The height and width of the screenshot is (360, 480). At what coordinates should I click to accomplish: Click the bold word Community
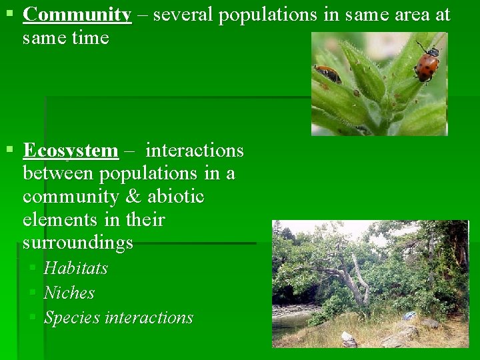click(x=77, y=15)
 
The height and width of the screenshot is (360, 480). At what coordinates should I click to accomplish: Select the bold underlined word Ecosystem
click(x=70, y=151)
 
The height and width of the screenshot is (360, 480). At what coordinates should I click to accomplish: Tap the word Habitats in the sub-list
click(x=75, y=268)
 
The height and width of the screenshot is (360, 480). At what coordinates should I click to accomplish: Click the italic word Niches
click(x=69, y=293)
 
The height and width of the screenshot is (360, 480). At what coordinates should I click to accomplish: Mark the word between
click(x=59, y=174)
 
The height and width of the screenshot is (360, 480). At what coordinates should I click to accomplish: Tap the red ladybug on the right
click(x=427, y=64)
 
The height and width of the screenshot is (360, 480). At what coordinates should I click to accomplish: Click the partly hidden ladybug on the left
click(x=328, y=73)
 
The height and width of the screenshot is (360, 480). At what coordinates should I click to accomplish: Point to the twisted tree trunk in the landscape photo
click(x=357, y=280)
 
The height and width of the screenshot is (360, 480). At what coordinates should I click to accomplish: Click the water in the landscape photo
click(x=290, y=323)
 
